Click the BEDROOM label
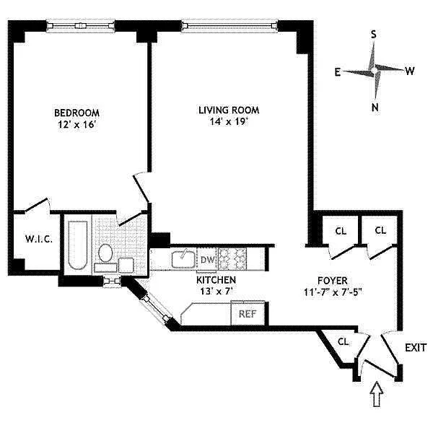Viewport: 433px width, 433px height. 76,113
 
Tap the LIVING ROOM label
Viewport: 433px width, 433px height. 229,110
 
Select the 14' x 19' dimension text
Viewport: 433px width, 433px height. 229,121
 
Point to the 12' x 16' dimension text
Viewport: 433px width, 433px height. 76,124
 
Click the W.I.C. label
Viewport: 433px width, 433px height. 39,239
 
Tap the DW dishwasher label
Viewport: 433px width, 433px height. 208,260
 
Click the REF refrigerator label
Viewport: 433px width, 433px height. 248,314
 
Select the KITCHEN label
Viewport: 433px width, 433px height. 216,280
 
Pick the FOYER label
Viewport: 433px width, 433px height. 333,281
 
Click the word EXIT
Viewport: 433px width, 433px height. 416,348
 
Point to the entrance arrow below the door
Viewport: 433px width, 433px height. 377,394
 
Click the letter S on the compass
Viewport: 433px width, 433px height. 373,35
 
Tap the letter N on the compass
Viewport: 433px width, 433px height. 375,108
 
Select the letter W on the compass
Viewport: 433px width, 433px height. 410,71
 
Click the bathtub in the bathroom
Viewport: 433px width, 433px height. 78,245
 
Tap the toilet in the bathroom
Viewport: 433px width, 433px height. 105,253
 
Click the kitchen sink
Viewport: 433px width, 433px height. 183,259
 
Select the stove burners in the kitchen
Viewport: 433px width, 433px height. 232,259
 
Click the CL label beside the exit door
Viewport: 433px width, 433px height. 344,342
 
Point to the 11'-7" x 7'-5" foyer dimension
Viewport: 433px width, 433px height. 333,292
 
